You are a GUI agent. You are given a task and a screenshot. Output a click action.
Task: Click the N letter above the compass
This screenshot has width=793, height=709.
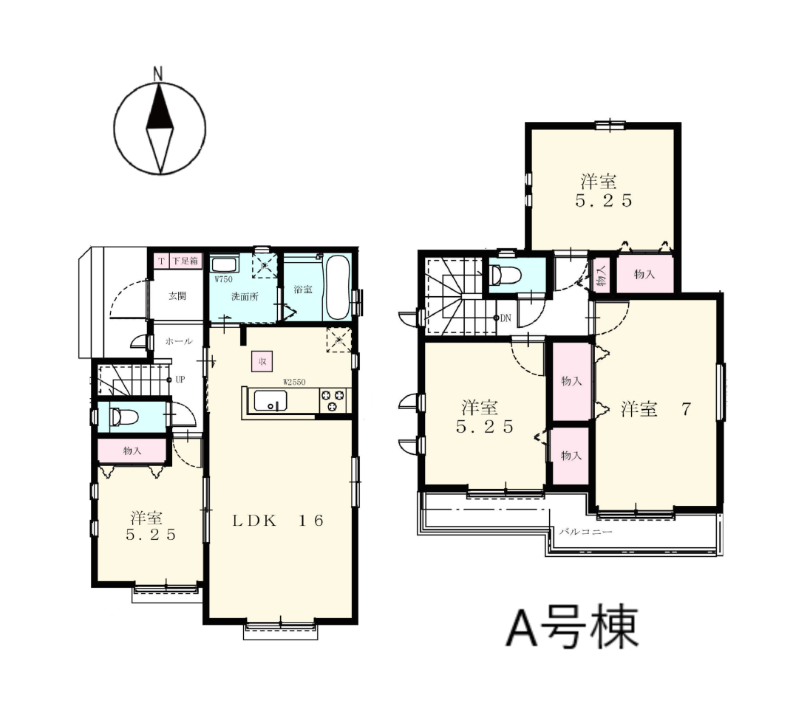coord(158,75)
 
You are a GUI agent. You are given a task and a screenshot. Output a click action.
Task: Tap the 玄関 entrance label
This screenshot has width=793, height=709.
coord(177,296)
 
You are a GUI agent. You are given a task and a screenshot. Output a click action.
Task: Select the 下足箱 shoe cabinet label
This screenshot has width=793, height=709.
coord(185,261)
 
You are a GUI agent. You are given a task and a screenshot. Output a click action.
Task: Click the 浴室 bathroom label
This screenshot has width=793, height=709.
coord(303,290)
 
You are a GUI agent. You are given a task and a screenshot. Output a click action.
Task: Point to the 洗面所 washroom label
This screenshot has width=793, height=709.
coord(245,297)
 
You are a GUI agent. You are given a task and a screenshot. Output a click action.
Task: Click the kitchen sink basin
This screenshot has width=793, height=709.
coord(270,401)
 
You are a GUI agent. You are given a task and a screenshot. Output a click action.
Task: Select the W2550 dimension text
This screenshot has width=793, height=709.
coord(294,382)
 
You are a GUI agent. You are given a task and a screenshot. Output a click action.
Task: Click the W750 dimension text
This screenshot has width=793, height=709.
coord(223,279)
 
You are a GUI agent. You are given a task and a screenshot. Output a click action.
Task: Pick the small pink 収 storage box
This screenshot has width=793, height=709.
coord(262,361)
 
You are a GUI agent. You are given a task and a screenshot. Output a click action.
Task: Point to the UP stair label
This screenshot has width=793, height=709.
coord(180,380)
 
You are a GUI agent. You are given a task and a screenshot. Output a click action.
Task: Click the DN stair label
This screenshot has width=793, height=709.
coord(506,318)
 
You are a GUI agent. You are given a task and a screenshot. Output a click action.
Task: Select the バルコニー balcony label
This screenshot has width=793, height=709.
coord(585,532)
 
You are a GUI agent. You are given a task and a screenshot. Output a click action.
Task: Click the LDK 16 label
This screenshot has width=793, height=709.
coord(278,521)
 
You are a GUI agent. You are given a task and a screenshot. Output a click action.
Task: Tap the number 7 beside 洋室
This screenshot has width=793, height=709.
coord(686,409)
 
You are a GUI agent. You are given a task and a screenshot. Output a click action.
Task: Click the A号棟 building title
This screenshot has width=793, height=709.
coord(572,626)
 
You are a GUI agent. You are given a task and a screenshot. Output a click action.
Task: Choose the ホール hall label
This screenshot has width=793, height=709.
coord(179,341)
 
